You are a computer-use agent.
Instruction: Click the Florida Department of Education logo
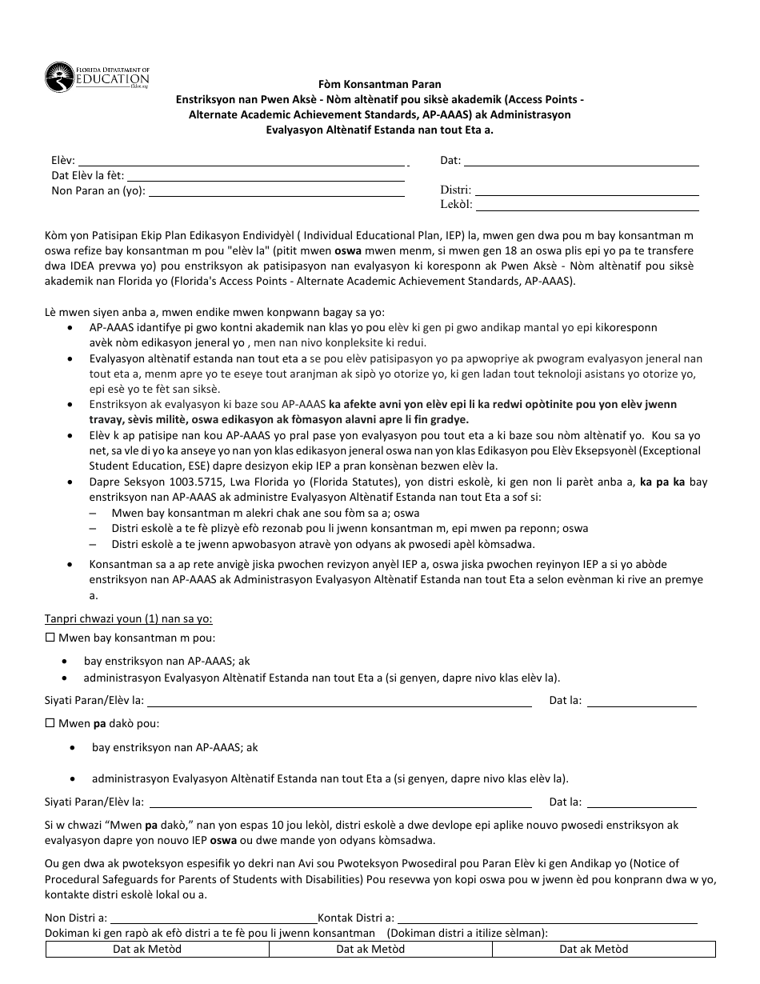[97, 78]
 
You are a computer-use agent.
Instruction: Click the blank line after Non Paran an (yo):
[276, 190]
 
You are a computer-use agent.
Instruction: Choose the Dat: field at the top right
[582, 160]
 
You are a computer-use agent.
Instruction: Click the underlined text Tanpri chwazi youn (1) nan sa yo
[128, 618]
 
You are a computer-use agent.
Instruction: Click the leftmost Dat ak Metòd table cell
[158, 949]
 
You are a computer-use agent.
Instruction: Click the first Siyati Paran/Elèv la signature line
[340, 701]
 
